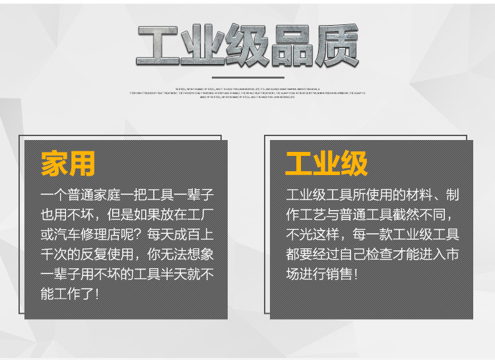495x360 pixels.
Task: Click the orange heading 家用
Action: [x=68, y=164]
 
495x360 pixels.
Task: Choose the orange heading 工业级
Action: [x=327, y=164]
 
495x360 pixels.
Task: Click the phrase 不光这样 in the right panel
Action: [x=317, y=235]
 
